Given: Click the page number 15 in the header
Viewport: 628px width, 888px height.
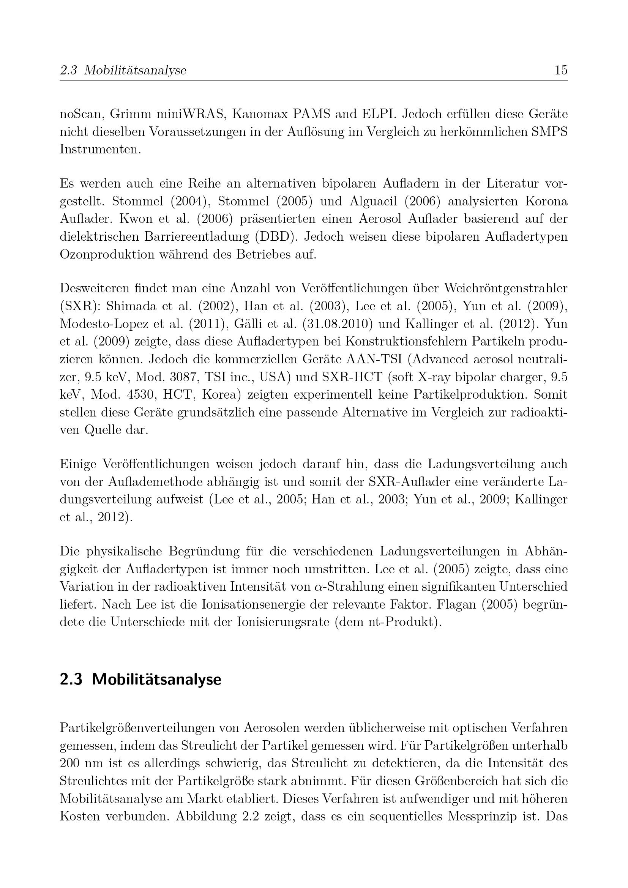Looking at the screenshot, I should [561, 70].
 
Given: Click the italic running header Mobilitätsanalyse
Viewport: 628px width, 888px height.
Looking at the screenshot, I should [135, 70].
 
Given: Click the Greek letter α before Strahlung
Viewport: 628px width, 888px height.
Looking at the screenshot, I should [319, 587].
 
